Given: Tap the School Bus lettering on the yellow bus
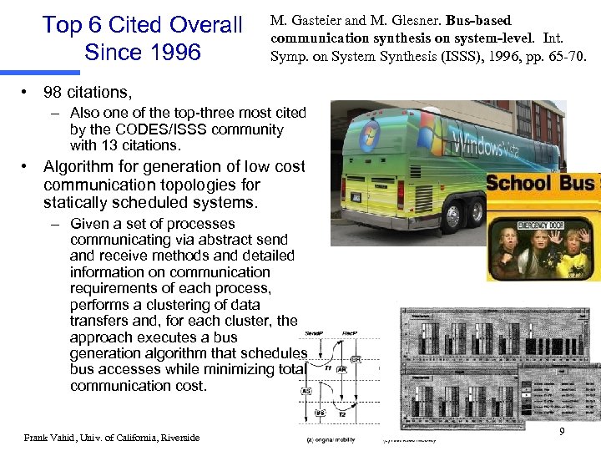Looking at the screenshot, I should pyautogui.click(x=541, y=184).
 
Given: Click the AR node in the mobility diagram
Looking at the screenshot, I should pyautogui.click(x=341, y=368).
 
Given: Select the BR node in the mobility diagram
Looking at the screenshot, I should pyautogui.click(x=356, y=360).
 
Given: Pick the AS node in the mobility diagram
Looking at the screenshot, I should pyautogui.click(x=306, y=392).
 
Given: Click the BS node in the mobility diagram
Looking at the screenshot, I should pyautogui.click(x=321, y=413).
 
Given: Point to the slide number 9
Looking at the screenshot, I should pyautogui.click(x=562, y=431).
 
